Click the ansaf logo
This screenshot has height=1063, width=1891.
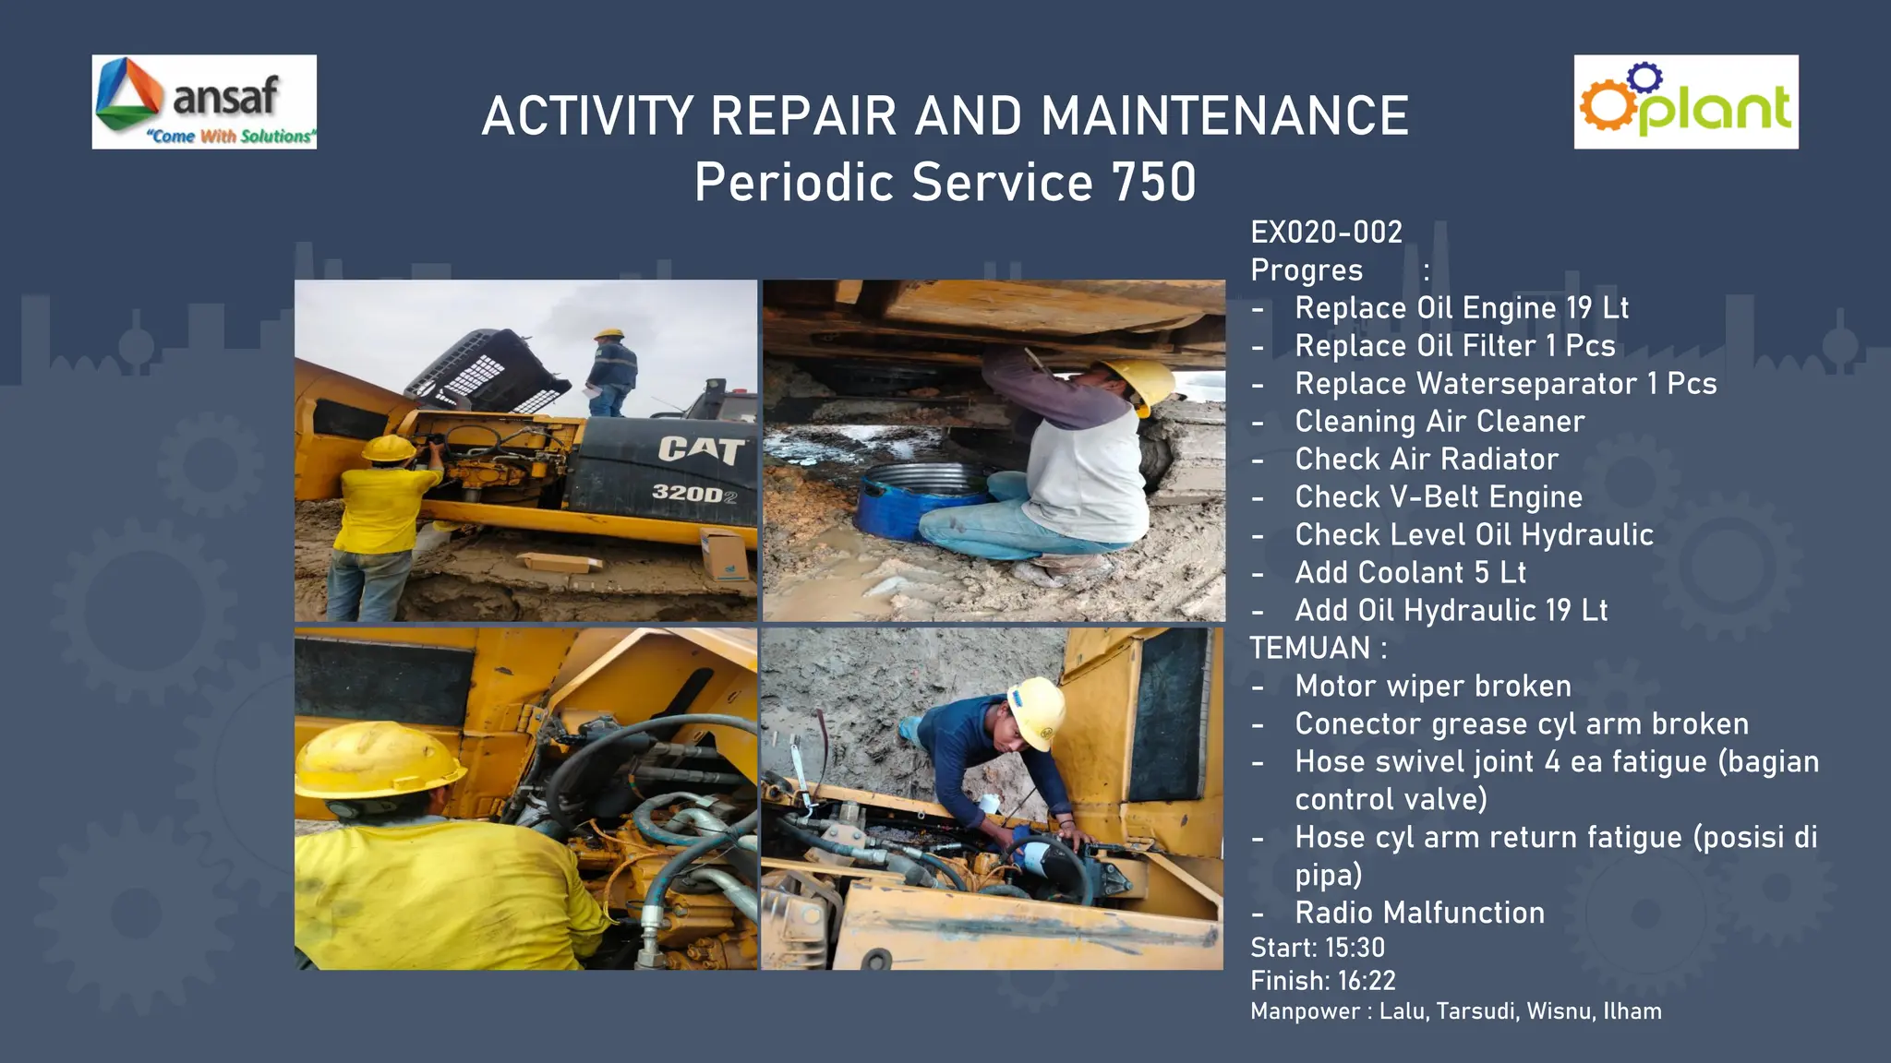pos(204,102)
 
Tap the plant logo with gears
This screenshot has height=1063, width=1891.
pos(1685,102)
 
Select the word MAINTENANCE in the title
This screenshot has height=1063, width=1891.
pos(1224,116)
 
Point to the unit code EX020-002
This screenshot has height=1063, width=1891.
pos(1326,232)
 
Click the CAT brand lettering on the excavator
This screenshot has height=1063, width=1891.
pos(700,449)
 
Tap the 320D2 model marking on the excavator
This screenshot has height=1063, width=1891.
pos(693,494)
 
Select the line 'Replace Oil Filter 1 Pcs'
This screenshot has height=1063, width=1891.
pos(1454,346)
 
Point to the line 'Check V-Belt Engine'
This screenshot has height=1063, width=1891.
pos(1438,497)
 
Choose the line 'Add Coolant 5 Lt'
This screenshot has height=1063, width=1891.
pos(1410,573)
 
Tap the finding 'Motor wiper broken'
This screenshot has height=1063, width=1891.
pos(1432,687)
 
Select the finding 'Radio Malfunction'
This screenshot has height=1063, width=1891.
pos(1419,914)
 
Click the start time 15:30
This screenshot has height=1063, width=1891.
pos(1355,948)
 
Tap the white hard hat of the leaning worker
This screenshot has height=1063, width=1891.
pos(1037,711)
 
